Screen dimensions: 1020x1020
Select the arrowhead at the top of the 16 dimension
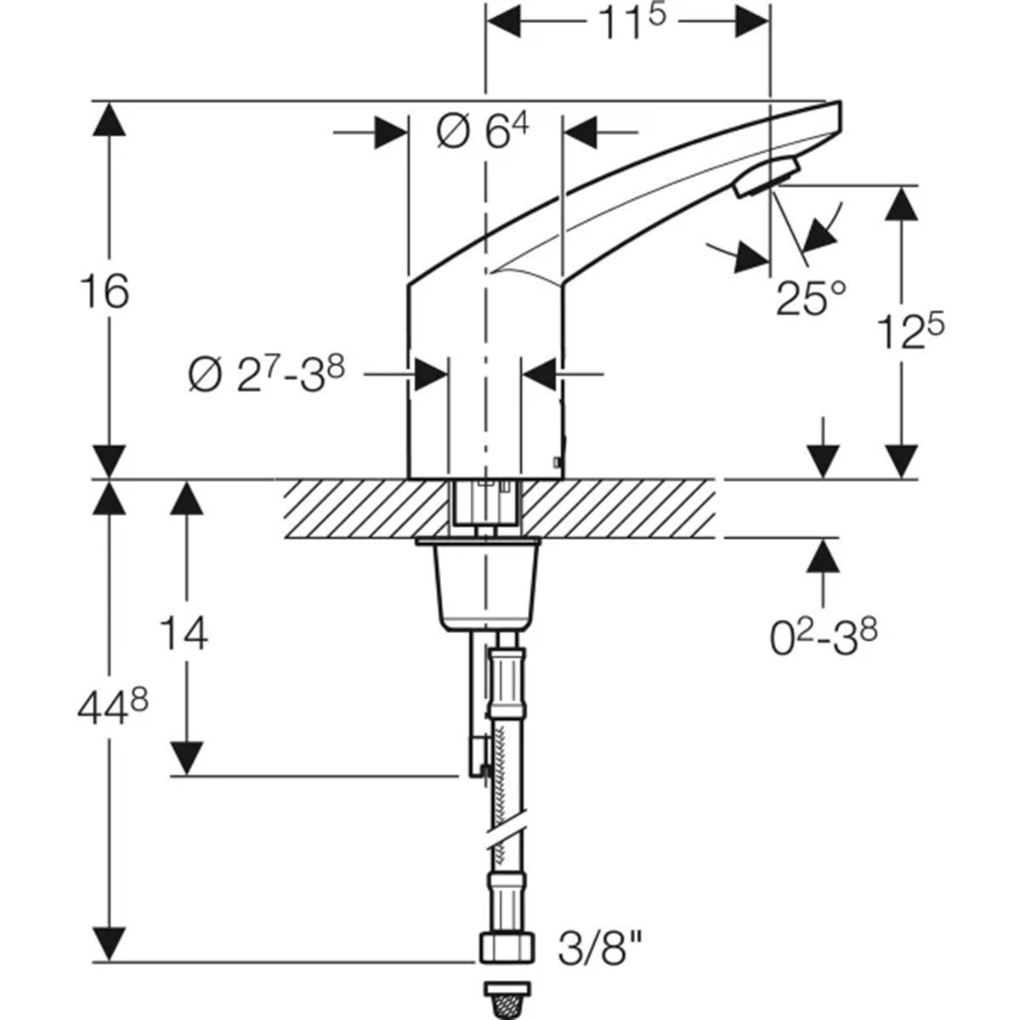[x=107, y=120]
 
